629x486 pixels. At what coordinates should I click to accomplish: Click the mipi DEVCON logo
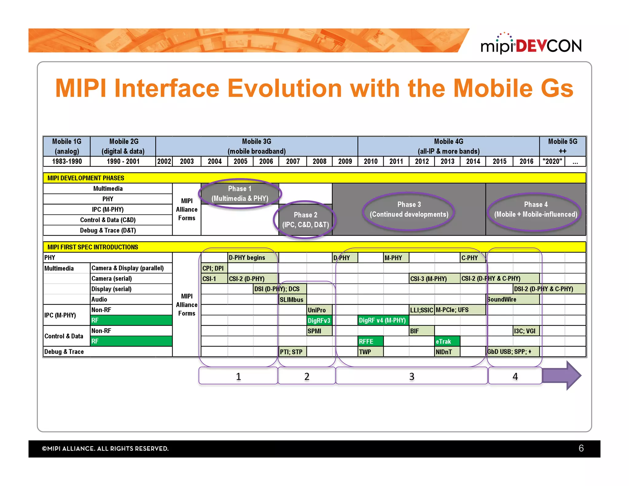tap(531, 45)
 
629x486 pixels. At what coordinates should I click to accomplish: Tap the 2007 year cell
tap(293, 161)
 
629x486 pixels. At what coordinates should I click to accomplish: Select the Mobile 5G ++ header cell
tap(562, 146)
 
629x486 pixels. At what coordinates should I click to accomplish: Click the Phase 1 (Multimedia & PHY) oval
tap(240, 194)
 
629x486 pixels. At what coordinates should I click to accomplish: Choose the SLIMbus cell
tap(292, 300)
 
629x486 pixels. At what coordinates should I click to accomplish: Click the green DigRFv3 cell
tap(319, 320)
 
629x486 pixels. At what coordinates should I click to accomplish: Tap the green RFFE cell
tap(370, 341)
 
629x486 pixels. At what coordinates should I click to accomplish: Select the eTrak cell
tap(447, 341)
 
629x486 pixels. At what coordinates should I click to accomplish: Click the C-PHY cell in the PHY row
tap(472, 258)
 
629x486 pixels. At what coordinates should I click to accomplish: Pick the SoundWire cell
tap(512, 299)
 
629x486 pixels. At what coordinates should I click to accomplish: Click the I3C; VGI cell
tap(525, 331)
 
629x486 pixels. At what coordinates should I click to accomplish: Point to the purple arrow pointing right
tap(562, 375)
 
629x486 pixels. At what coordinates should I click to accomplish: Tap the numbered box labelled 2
tap(307, 376)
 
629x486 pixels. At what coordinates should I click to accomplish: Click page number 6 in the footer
tap(581, 448)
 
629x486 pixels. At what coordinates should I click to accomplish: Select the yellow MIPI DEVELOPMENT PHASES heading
tap(86, 178)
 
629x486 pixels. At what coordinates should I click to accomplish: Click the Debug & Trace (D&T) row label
tap(108, 230)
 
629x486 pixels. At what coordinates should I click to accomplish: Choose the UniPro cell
tap(319, 310)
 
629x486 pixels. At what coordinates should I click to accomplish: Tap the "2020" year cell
tap(552, 161)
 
